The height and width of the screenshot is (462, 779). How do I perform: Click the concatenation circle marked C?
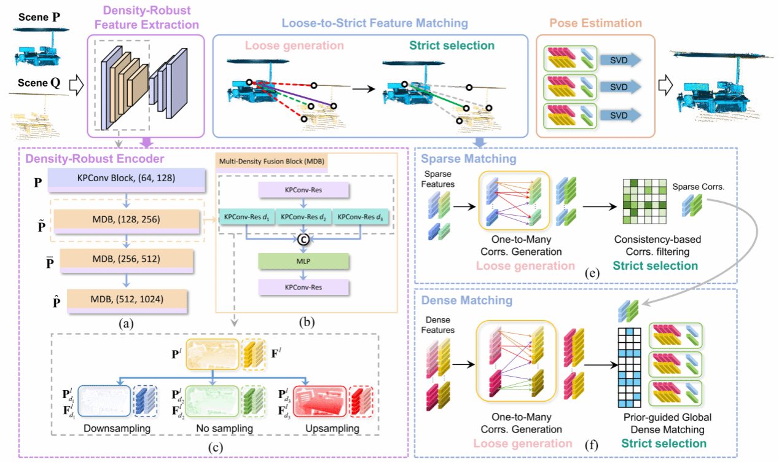302,240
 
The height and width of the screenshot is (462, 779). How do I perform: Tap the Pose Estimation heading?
595,23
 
